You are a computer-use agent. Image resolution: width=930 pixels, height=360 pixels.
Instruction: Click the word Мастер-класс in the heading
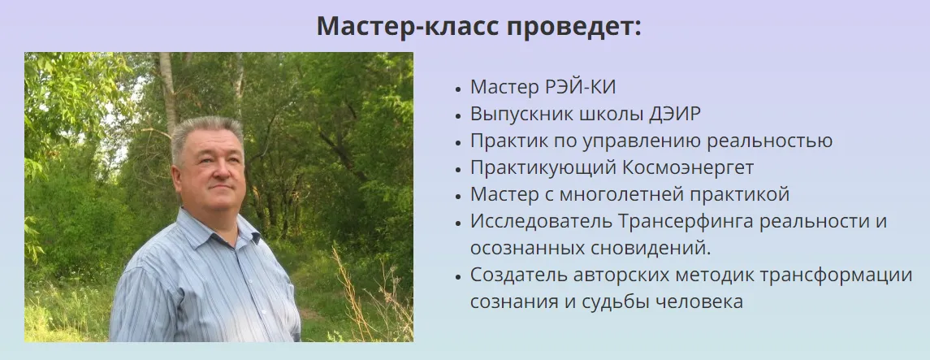pyautogui.click(x=404, y=27)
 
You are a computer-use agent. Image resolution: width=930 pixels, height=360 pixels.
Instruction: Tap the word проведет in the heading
pyautogui.click(x=569, y=28)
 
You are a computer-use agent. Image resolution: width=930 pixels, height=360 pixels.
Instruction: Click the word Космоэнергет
pyautogui.click(x=688, y=168)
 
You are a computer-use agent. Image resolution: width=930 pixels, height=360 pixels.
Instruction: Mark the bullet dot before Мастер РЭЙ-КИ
pyautogui.click(x=458, y=89)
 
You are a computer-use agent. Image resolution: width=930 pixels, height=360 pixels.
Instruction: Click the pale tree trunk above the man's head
pyautogui.click(x=168, y=89)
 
